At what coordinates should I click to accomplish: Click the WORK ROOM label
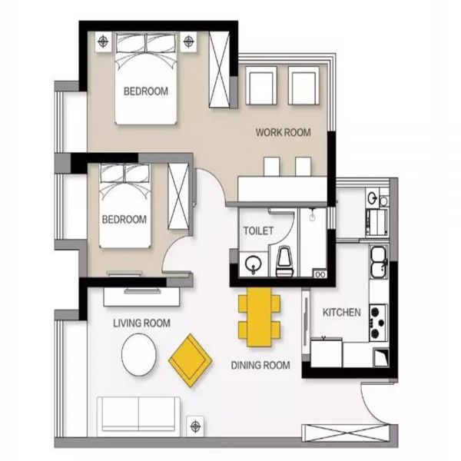[283, 133]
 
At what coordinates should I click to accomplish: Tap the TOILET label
[258, 230]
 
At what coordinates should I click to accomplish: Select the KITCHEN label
[342, 312]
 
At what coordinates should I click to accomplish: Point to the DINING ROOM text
[260, 365]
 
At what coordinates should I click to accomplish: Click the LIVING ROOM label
[141, 323]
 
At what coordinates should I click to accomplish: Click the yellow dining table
[259, 317]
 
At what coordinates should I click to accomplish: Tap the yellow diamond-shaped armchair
[191, 360]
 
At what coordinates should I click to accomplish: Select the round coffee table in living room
[139, 354]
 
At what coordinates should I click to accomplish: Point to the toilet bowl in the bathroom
[285, 261]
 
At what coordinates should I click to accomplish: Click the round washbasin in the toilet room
[253, 264]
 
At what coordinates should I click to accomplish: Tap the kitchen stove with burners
[378, 323]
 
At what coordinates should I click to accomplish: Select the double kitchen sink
[379, 262]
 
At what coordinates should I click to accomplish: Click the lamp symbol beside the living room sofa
[195, 426]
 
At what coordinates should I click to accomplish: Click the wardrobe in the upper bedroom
[219, 69]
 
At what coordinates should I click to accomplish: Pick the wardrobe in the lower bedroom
[179, 196]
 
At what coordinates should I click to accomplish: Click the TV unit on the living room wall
[141, 297]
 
